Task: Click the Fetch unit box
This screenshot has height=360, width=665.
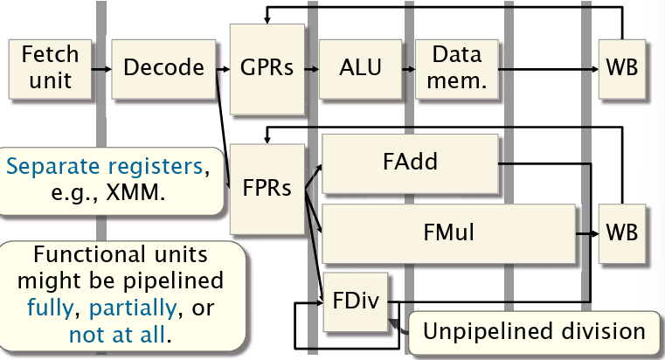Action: tap(51, 67)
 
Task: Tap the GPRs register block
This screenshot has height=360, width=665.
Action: tap(267, 67)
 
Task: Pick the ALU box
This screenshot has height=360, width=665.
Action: tap(361, 67)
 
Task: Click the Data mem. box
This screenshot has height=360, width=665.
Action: tap(456, 67)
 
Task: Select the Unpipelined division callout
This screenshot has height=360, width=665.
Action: tap(534, 331)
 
